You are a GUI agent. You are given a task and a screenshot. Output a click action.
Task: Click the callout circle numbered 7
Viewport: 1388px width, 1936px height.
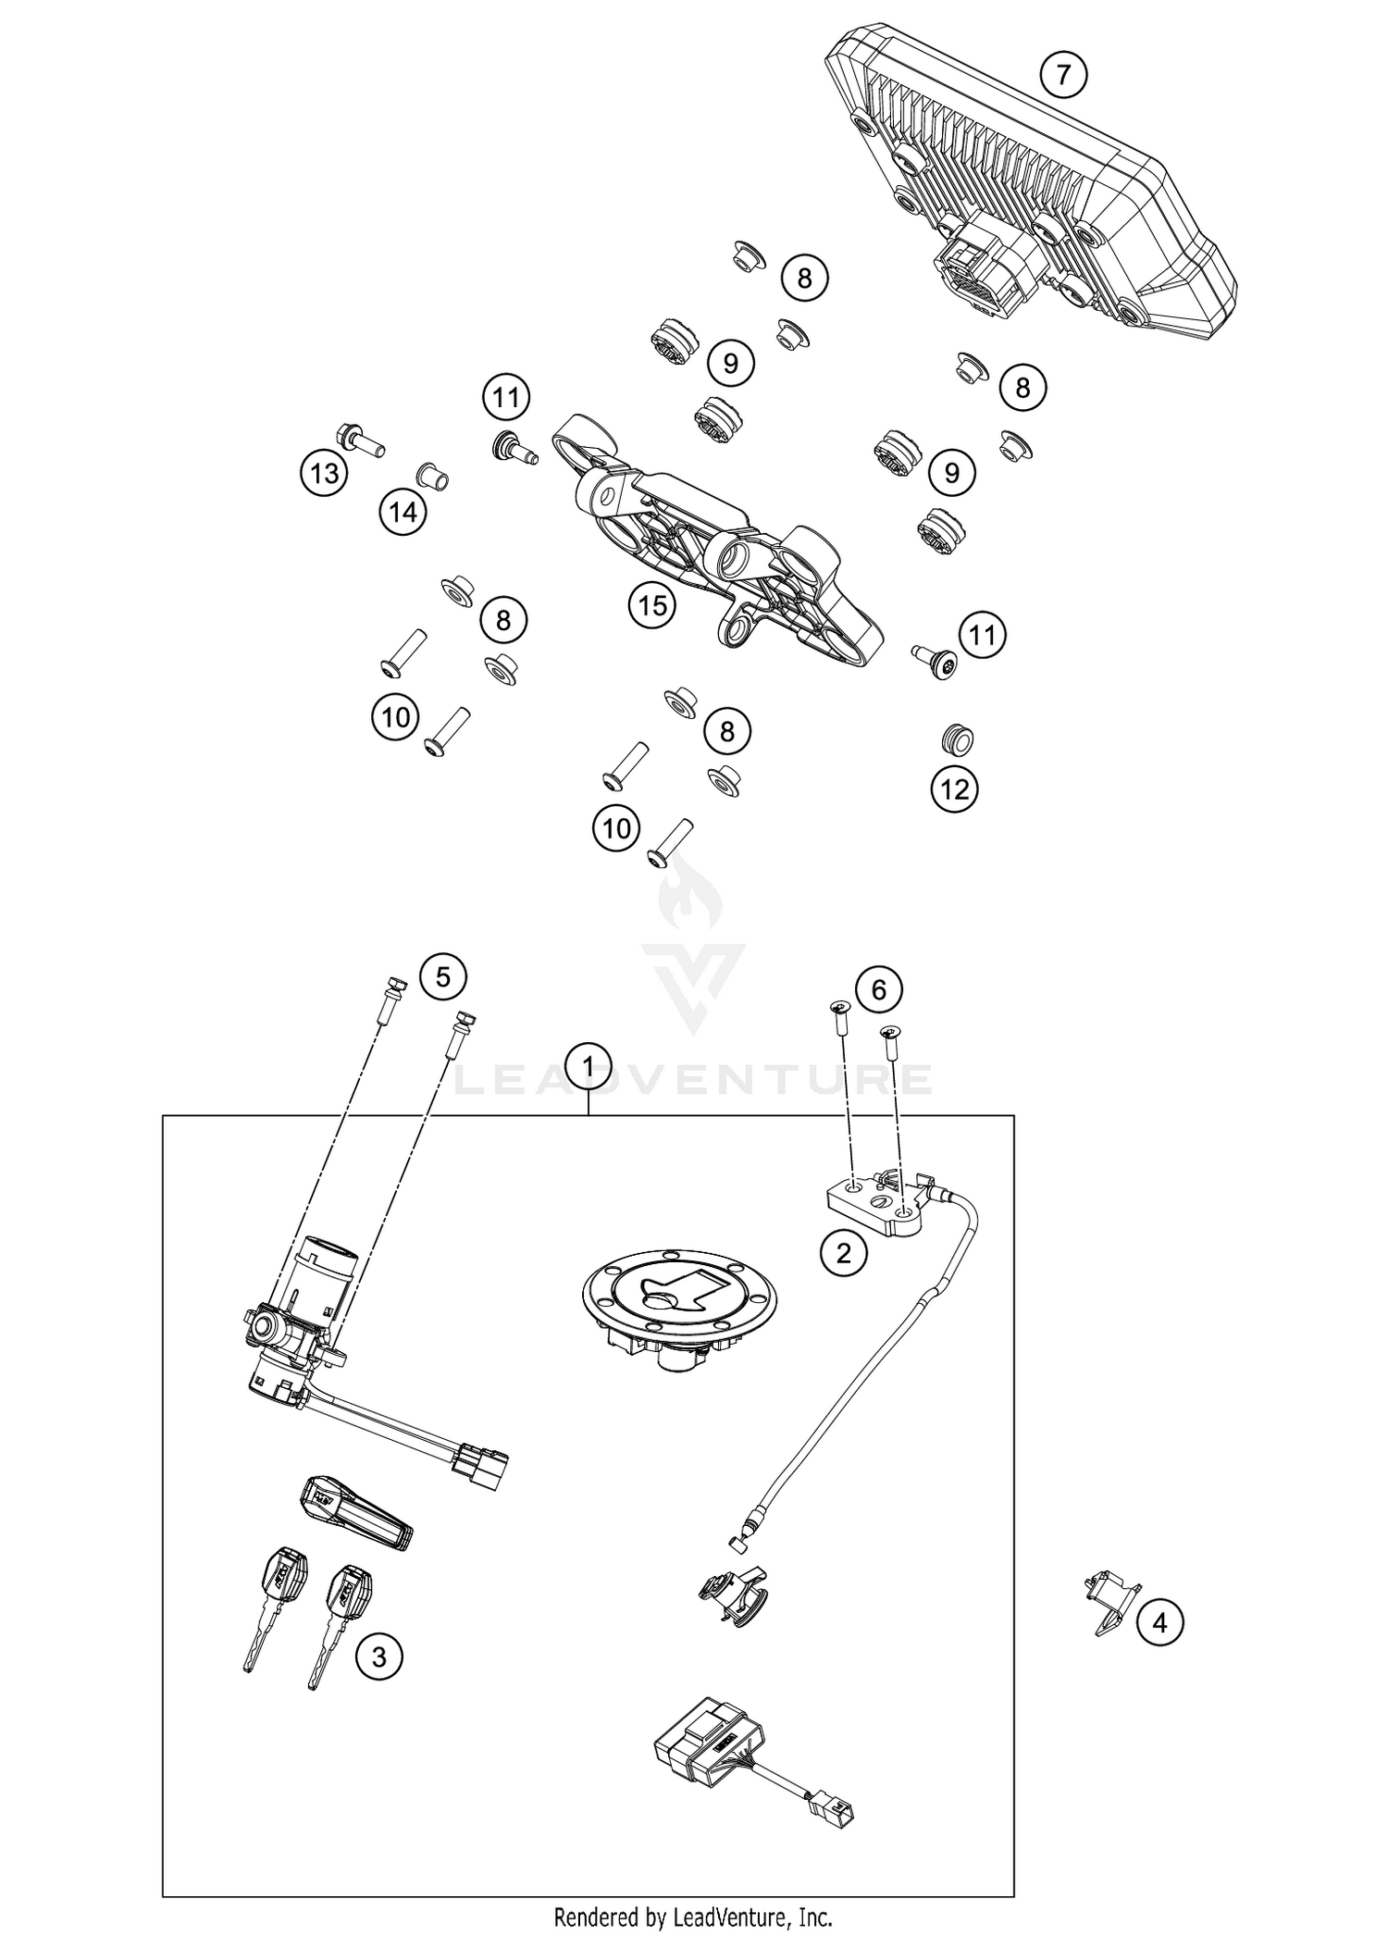(1063, 74)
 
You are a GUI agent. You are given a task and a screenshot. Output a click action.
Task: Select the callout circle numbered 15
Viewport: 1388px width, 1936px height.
(652, 606)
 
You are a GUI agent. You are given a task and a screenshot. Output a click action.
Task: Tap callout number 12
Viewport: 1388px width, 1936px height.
(954, 789)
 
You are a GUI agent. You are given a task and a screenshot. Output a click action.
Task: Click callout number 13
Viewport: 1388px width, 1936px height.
(324, 475)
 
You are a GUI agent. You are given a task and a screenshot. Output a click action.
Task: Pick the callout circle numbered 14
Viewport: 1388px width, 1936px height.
(403, 511)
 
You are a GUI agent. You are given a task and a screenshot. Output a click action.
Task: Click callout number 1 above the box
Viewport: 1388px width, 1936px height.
(589, 1066)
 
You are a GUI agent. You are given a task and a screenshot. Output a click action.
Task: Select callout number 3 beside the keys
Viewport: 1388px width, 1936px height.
(378, 1655)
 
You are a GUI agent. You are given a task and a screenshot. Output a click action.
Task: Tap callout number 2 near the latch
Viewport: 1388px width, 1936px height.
(844, 1253)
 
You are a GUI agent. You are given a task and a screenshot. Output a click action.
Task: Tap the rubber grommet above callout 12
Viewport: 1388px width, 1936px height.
(954, 739)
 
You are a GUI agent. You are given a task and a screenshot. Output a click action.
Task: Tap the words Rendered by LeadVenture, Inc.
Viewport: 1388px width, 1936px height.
(693, 1917)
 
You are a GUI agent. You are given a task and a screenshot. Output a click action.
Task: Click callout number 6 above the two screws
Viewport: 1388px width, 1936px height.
(878, 990)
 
